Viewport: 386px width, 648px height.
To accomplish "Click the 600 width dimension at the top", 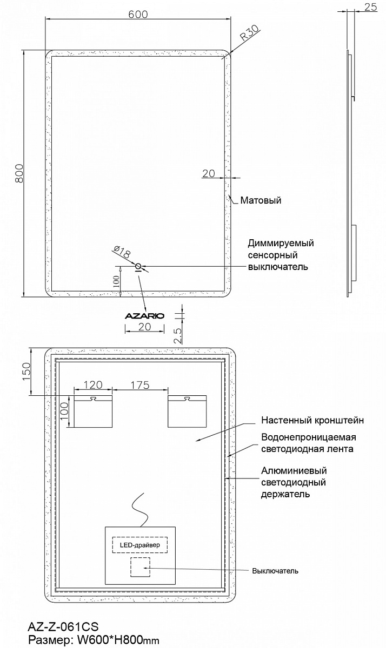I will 138,15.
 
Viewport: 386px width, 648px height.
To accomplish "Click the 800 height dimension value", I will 19,173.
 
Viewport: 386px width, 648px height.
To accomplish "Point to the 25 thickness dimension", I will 371,7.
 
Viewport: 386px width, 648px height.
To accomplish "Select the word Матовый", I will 261,200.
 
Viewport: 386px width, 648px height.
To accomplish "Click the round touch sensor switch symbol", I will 138,266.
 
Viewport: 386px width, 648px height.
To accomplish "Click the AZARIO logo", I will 145,316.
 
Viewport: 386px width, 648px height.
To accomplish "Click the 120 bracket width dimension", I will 92,385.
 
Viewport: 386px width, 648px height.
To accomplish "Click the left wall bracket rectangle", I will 93,411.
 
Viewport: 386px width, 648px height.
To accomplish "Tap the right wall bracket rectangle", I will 187,411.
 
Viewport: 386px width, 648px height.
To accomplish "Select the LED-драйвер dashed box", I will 140,545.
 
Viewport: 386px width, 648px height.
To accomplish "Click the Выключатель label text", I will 275,571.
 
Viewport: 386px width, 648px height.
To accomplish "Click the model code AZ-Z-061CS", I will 63,627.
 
